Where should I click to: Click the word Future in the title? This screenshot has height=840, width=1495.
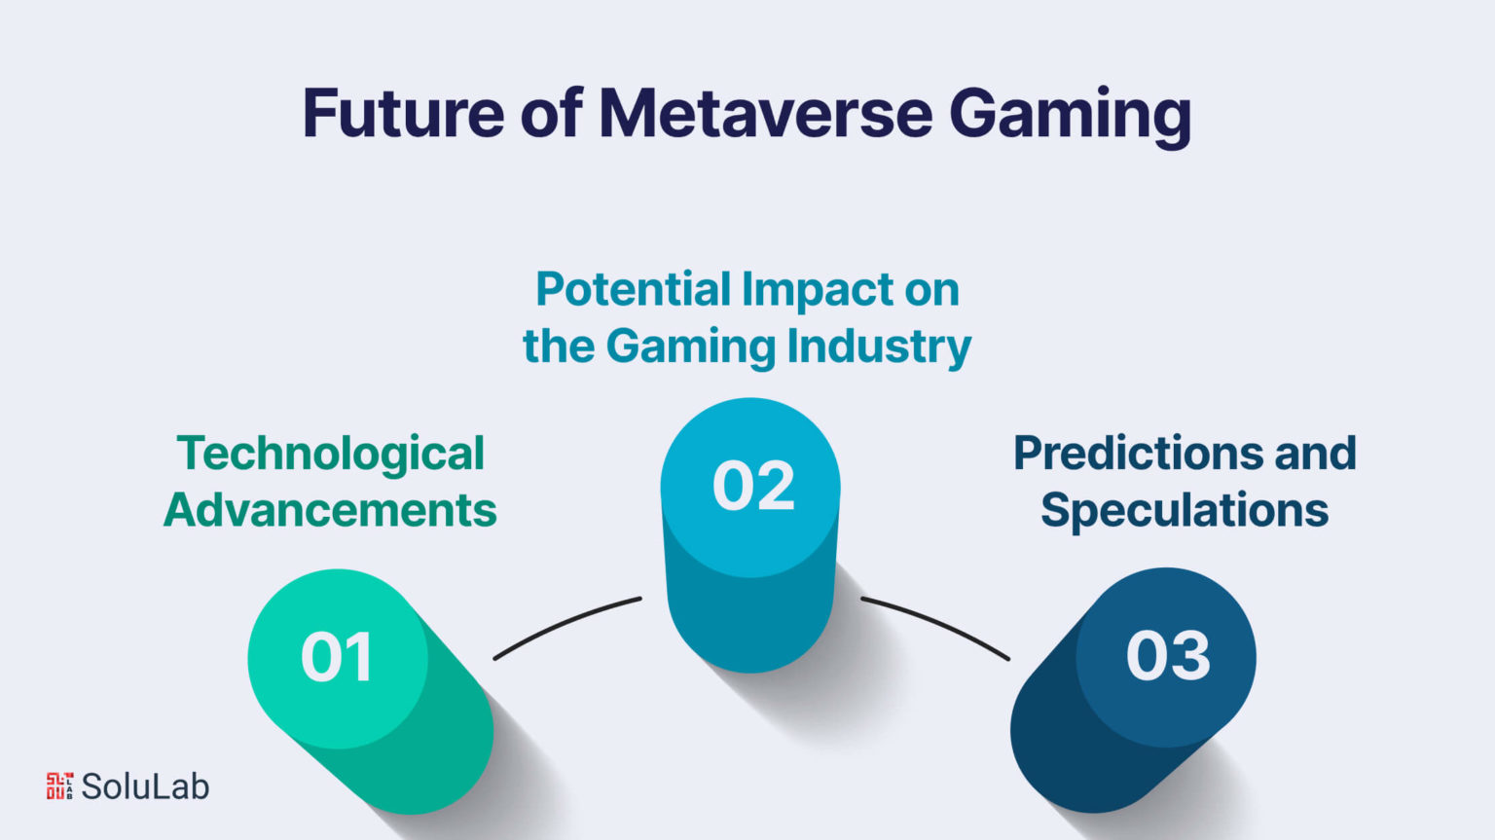pos(403,114)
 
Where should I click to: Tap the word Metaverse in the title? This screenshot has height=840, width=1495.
pos(766,114)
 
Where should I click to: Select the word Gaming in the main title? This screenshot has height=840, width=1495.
pos(1070,118)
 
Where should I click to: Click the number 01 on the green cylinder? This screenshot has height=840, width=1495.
pos(337,658)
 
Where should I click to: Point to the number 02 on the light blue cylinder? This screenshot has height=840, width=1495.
pos(753,486)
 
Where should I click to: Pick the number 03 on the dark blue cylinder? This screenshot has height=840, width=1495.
pos(1167,656)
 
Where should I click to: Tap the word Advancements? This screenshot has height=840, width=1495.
pos(330,510)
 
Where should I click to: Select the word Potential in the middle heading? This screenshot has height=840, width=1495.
pos(634,289)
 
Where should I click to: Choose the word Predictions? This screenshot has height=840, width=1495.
pos(1138,453)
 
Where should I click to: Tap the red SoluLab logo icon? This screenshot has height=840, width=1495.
pos(59,785)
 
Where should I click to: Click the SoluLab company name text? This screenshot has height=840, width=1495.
pos(145,786)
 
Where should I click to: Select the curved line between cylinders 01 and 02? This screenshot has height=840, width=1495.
pos(565,625)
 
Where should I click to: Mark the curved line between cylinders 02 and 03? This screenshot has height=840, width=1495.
pos(935,625)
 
